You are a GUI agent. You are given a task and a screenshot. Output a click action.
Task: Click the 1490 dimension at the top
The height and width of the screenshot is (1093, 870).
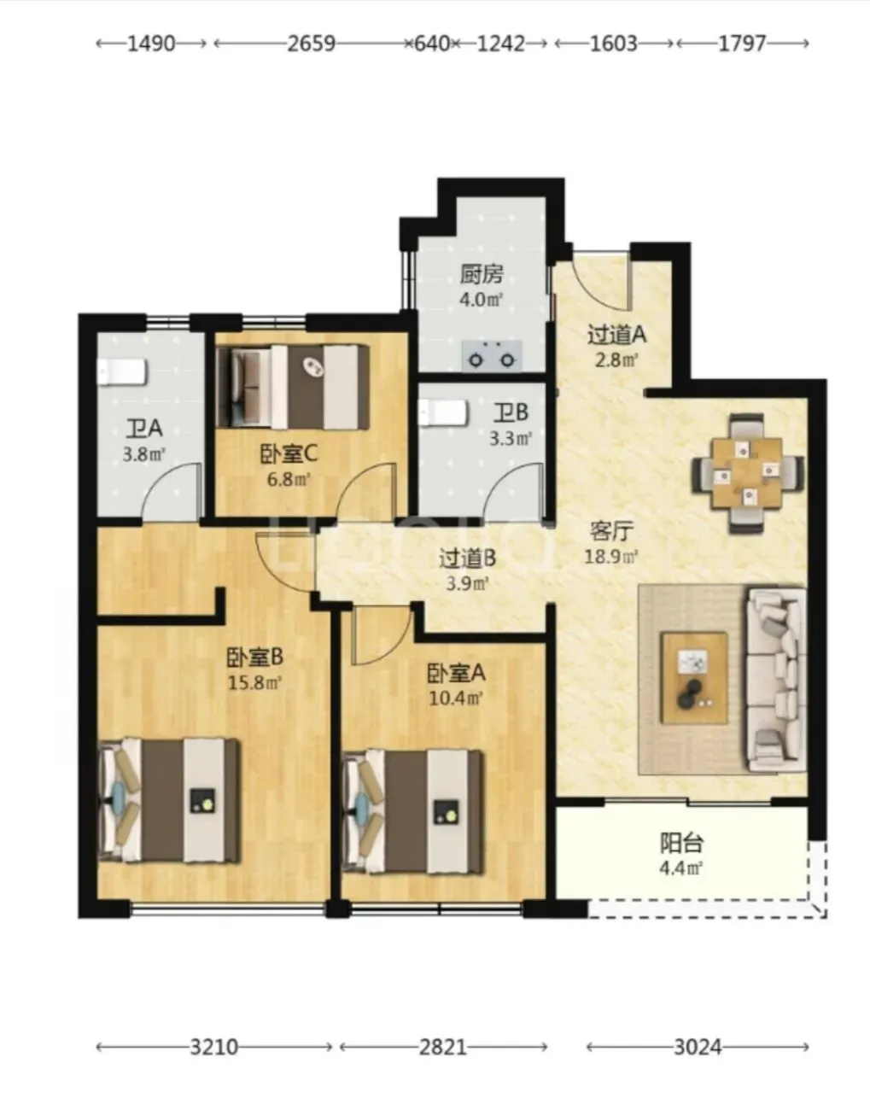click(151, 44)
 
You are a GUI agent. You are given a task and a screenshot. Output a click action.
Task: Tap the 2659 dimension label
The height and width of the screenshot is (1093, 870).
click(312, 44)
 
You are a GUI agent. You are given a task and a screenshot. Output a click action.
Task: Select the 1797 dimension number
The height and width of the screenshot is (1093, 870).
click(741, 44)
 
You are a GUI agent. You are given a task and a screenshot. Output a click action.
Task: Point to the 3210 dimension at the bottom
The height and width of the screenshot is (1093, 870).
click(213, 1047)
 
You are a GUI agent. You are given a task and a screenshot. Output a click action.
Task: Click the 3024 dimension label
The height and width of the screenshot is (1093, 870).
click(698, 1047)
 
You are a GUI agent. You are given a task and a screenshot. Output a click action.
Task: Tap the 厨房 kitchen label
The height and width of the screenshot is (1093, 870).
click(482, 275)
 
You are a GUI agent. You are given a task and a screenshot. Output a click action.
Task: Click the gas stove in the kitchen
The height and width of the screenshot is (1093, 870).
click(491, 355)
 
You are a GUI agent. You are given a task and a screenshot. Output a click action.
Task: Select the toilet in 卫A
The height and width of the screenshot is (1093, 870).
click(122, 372)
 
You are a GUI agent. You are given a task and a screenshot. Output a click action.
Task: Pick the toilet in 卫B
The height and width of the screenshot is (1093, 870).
click(442, 413)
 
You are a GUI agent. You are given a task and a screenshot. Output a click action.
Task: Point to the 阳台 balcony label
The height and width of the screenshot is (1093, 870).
click(681, 844)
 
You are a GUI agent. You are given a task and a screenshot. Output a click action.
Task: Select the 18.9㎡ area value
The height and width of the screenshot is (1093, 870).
click(611, 557)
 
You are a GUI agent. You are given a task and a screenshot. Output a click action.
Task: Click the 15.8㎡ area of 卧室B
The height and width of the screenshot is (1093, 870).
click(254, 683)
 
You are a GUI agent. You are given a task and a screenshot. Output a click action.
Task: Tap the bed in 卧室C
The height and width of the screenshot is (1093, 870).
click(292, 387)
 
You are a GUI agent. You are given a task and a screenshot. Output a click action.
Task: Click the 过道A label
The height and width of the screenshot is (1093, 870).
click(616, 336)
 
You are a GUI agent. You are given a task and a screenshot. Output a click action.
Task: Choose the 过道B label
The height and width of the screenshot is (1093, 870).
click(467, 559)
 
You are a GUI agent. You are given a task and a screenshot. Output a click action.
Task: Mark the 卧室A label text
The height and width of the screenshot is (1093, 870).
click(456, 674)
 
